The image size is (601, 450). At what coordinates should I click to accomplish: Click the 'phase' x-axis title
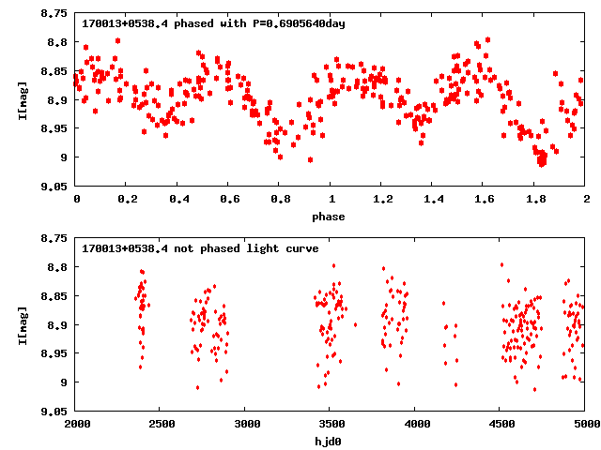tap(328, 217)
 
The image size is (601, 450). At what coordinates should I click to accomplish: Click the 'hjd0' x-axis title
tap(329, 442)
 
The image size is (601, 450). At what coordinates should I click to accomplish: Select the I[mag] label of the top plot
tap(22, 99)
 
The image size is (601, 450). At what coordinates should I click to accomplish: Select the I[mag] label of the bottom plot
tap(22, 324)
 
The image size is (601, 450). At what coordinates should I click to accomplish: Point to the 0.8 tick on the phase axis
tap(279, 200)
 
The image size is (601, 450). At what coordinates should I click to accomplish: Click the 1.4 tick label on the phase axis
tap(432, 200)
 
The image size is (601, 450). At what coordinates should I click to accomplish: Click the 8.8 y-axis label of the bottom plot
tap(57, 267)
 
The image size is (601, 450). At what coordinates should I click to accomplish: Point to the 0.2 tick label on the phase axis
tap(127, 200)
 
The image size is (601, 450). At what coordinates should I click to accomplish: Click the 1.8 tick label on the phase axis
tap(533, 200)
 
